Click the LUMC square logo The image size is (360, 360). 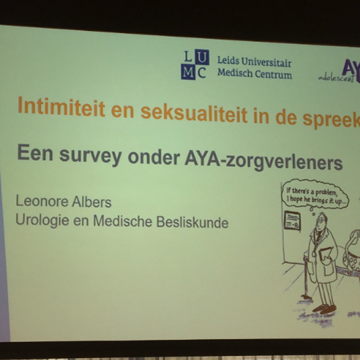pyautogui.click(x=195, y=66)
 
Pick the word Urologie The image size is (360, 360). pyautogui.click(x=41, y=220)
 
